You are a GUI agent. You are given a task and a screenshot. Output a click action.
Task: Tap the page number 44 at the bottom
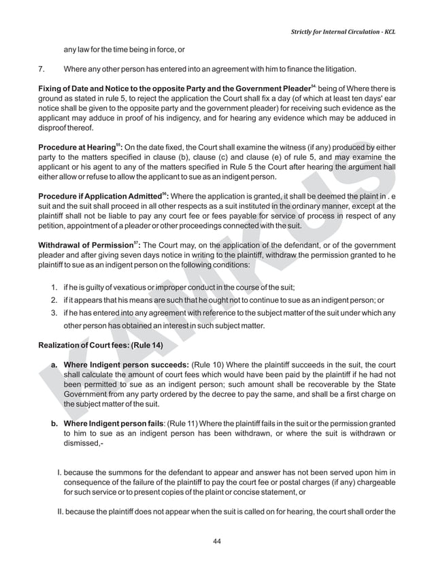click(217, 542)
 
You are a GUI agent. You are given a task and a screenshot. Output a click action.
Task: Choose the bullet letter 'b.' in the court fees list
click(54, 425)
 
